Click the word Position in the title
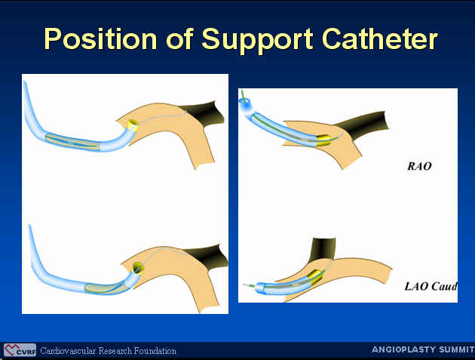[100, 39]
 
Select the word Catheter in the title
[379, 39]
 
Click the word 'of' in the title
[179, 39]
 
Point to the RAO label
[419, 166]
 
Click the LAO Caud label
[431, 286]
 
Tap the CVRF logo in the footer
[20, 350]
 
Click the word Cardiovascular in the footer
[68, 351]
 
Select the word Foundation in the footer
[155, 351]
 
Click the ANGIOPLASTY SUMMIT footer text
[423, 349]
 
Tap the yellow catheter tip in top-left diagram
[133, 125]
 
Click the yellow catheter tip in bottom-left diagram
[138, 267]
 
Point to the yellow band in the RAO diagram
[323, 140]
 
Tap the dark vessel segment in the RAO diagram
[363, 124]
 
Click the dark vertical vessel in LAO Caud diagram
[323, 248]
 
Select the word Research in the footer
[115, 351]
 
